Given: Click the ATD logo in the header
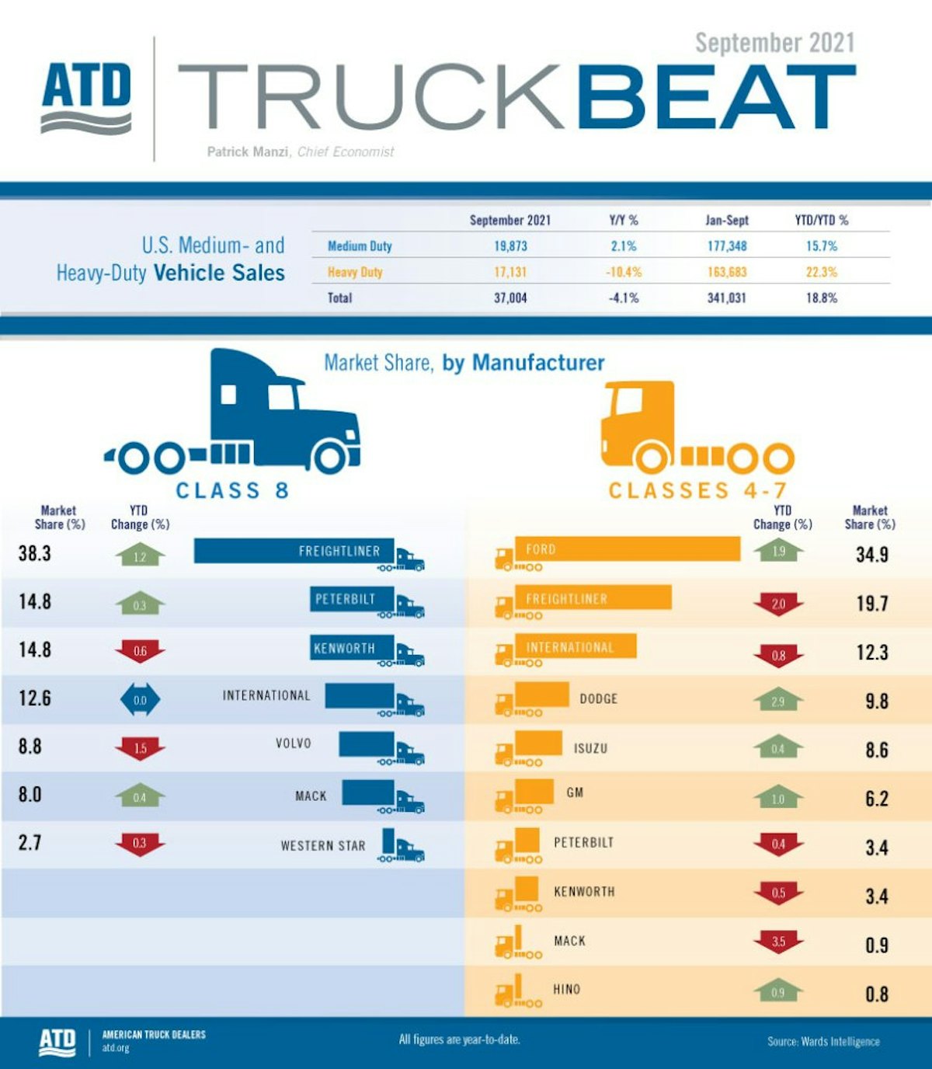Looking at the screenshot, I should coord(85,96).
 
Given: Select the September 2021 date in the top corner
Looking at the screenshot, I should coord(774,43).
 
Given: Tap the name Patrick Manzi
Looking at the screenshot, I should coord(249,151).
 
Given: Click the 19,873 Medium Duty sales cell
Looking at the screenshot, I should coord(510,246).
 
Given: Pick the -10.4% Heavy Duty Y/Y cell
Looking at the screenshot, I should coord(624,272).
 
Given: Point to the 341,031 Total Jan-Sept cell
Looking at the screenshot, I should coord(726,298).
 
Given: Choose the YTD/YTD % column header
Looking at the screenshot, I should coord(821,221).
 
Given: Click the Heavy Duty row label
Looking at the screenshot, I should coord(355,272).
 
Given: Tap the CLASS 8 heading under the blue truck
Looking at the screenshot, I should coord(232,490).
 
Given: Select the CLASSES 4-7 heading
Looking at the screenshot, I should coord(697,490).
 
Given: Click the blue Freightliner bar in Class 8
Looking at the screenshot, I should coord(294,551).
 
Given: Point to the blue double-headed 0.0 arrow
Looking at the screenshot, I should coord(140,700).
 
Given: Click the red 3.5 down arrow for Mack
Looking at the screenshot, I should coord(778,942).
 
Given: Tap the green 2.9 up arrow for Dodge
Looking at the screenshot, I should coord(778,701).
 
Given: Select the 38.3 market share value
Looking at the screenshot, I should coord(35,553).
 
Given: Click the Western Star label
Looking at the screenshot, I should coord(323,845).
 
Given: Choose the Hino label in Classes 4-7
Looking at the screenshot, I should coord(566,989).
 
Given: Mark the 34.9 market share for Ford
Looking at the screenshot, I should coord(871,555).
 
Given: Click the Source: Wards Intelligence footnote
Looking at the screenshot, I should coord(823,1041).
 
